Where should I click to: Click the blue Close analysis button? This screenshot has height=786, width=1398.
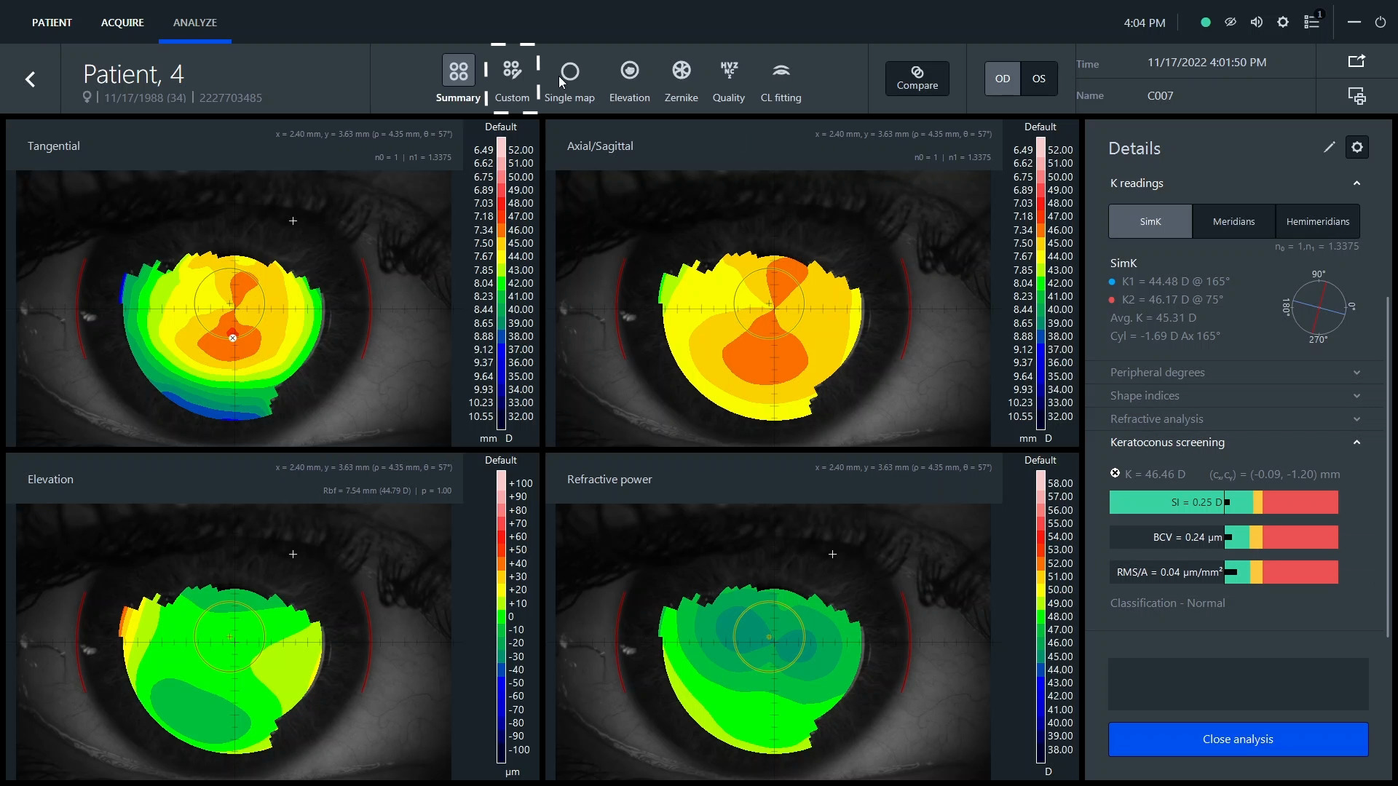pyautogui.click(x=1238, y=739)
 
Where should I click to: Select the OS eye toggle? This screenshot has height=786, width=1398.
pyautogui.click(x=1039, y=79)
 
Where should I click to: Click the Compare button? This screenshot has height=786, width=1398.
pyautogui.click(x=917, y=78)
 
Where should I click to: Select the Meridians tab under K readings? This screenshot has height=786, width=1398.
pyautogui.click(x=1233, y=221)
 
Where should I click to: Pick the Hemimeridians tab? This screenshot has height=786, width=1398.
pyautogui.click(x=1317, y=221)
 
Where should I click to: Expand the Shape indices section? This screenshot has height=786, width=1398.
pyautogui.click(x=1235, y=395)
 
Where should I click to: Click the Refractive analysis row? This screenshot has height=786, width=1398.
pyautogui.click(x=1235, y=418)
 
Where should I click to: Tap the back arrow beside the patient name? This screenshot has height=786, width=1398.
pyautogui.click(x=31, y=79)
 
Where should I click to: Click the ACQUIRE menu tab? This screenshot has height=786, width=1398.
pyautogui.click(x=122, y=23)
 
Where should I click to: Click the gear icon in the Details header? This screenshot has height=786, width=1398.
pyautogui.click(x=1356, y=148)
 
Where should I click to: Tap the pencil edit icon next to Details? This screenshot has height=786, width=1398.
pyautogui.click(x=1329, y=148)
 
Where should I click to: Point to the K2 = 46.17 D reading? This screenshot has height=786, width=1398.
pyautogui.click(x=1166, y=299)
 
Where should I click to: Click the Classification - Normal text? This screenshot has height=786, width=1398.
pyautogui.click(x=1167, y=603)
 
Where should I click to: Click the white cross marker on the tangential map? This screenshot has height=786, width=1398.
pyautogui.click(x=293, y=221)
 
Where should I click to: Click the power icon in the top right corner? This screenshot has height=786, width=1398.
pyautogui.click(x=1380, y=23)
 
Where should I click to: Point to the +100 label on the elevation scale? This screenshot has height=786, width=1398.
pyautogui.click(x=520, y=483)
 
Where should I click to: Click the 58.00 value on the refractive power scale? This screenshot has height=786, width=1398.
pyautogui.click(x=1059, y=483)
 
